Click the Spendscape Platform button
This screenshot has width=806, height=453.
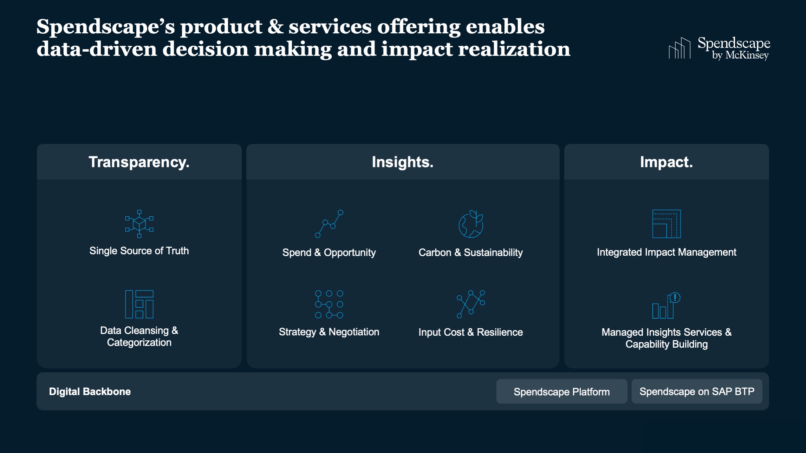click(x=561, y=392)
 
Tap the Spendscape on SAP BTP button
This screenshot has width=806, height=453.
click(x=697, y=392)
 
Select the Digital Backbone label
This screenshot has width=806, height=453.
click(x=90, y=392)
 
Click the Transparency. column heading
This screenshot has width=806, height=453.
click(x=139, y=162)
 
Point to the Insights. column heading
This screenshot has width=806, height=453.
click(x=403, y=162)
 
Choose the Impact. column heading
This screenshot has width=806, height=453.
click(x=666, y=162)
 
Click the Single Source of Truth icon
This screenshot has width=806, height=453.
click(x=139, y=224)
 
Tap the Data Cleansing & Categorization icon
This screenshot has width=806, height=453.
click(x=139, y=304)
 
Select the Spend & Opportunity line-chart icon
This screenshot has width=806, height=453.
click(x=329, y=224)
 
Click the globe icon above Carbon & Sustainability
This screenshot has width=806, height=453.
click(x=471, y=224)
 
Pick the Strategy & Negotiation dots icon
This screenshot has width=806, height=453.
click(x=329, y=304)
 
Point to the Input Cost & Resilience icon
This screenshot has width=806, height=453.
click(x=471, y=304)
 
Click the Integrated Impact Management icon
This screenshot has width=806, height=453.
click(x=667, y=224)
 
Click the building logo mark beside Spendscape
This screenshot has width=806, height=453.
click(x=680, y=48)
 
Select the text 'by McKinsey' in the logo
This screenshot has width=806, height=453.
click(x=740, y=55)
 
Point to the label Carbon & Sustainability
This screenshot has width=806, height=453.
click(x=470, y=252)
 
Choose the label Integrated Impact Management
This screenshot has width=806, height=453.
click(x=667, y=252)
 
